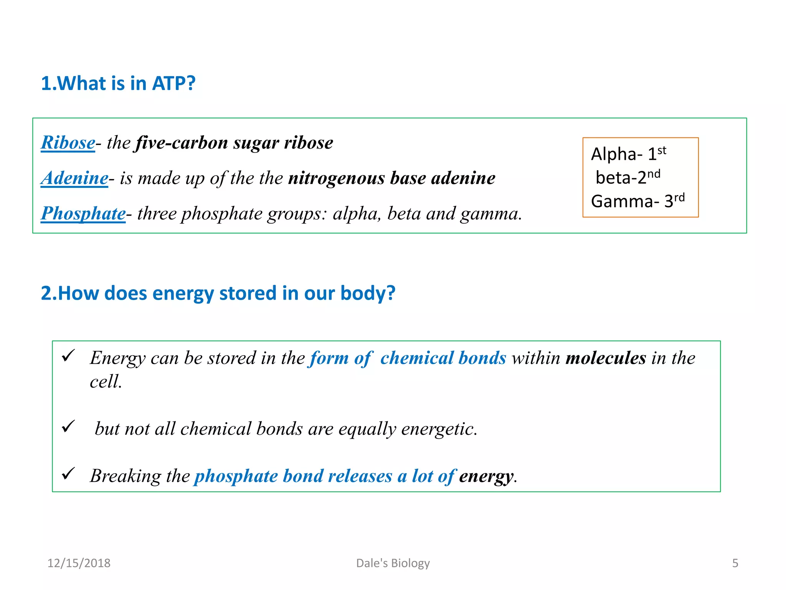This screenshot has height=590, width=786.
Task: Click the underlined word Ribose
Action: [x=68, y=143]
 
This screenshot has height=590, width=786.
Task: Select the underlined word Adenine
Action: [x=75, y=178]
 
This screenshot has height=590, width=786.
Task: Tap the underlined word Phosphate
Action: [x=83, y=214]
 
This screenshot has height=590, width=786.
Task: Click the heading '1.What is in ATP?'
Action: [x=118, y=83]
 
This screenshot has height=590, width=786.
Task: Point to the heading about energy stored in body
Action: [x=218, y=293]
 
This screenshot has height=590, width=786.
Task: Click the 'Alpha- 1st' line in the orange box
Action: [x=628, y=154]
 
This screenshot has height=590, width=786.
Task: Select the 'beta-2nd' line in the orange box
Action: [x=628, y=177]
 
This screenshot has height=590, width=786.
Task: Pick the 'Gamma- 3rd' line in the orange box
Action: [x=637, y=201]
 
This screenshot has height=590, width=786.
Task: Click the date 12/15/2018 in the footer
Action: [x=79, y=563]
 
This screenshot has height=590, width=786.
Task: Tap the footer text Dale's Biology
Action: [x=393, y=563]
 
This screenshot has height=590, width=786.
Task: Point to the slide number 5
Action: [x=735, y=563]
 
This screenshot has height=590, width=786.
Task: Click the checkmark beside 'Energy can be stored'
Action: [x=68, y=356]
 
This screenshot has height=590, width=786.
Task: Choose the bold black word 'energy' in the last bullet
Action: [x=486, y=476]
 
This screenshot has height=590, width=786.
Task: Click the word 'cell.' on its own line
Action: [x=106, y=382]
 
